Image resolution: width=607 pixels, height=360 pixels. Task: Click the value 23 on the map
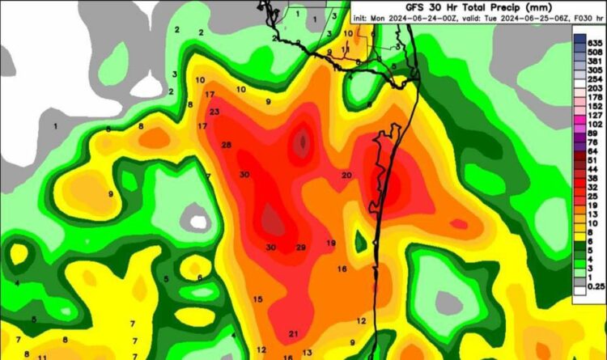point(214,112)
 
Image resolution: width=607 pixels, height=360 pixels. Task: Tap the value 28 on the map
point(227,145)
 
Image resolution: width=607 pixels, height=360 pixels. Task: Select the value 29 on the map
point(301,248)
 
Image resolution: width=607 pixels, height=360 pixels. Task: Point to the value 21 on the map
point(294,333)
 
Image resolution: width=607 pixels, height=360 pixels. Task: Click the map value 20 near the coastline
point(346,176)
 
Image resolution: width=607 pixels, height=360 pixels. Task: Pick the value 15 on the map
point(257,300)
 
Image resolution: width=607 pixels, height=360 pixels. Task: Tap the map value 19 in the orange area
point(331,243)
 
